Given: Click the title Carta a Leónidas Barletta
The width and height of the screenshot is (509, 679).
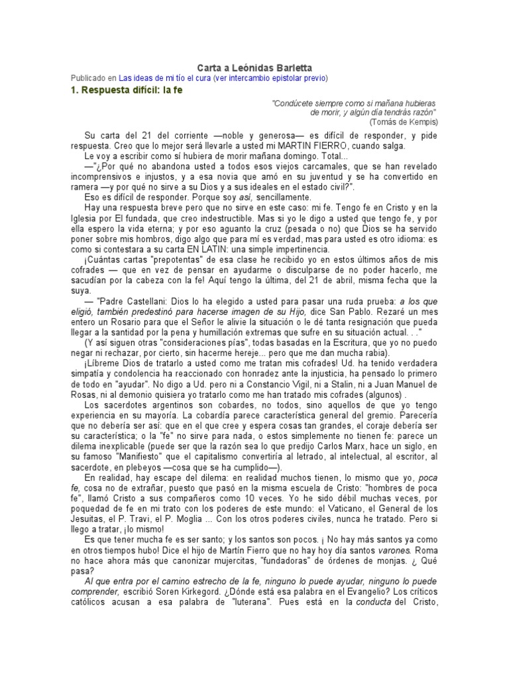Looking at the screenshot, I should coord(254,68).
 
